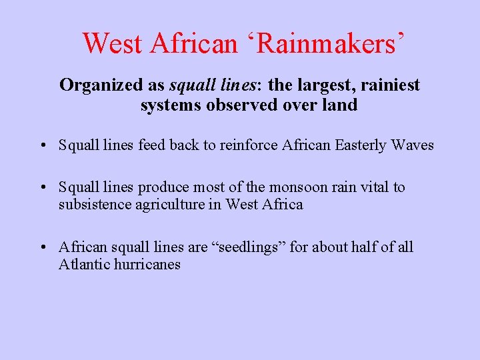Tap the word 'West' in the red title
[112, 44]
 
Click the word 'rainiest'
[391, 86]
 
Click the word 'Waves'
[415, 145]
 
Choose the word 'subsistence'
[90, 205]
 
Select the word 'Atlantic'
[81, 265]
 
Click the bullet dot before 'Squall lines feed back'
[42, 146]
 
